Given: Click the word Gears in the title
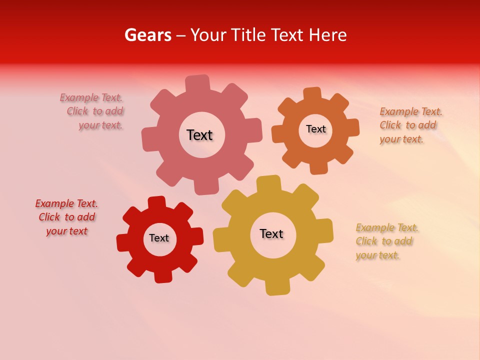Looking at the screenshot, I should (147, 35).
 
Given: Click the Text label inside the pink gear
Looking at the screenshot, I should (199, 135).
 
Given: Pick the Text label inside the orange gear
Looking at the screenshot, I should (315, 129).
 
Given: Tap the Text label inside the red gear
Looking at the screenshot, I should (159, 238).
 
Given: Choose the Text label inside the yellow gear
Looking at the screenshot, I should (271, 233).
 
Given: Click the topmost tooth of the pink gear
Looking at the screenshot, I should (197, 83).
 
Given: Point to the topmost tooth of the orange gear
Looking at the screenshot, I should (312, 93).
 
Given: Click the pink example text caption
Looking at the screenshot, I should (93, 111).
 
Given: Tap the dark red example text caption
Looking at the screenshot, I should (67, 217).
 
